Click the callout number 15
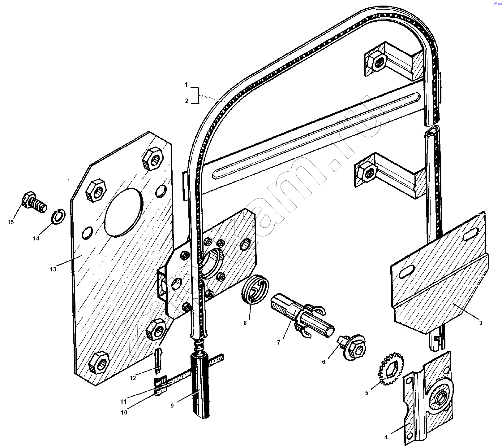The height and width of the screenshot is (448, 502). click(x=11, y=222)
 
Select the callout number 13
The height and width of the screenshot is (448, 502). click(x=53, y=269)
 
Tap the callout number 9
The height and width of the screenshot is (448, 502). click(x=172, y=405)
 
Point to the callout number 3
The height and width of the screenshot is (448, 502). click(x=481, y=323)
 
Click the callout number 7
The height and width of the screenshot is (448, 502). click(x=278, y=342)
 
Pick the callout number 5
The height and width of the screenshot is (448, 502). click(x=367, y=393)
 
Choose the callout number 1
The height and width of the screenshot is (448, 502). click(x=186, y=85)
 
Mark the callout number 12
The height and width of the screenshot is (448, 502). click(x=133, y=378)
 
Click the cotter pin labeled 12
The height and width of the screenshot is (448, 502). click(x=158, y=359)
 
